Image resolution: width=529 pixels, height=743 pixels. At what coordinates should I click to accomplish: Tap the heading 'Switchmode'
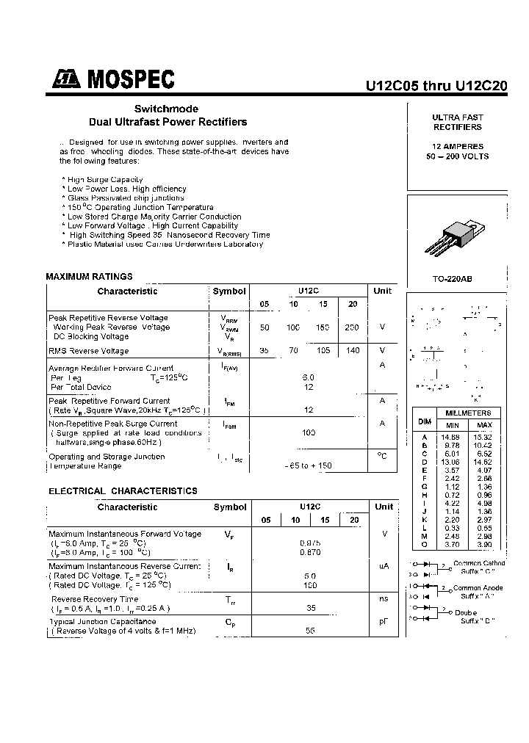(x=166, y=109)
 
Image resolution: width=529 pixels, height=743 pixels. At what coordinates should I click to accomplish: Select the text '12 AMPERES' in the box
(x=457, y=146)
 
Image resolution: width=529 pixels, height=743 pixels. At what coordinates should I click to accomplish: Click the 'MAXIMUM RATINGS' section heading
(x=89, y=277)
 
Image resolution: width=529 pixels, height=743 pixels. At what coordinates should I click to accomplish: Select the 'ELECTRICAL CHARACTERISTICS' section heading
(x=123, y=490)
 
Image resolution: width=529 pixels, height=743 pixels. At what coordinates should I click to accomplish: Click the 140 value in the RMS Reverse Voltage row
(x=353, y=350)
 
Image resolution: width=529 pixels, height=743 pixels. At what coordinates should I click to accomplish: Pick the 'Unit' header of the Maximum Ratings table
(x=383, y=291)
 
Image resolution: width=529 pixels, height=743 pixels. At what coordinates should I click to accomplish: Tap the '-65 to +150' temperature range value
(x=308, y=465)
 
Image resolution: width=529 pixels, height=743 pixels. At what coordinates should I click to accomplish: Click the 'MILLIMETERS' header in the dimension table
(x=468, y=413)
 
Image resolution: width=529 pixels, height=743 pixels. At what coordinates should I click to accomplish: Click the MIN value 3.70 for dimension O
(x=450, y=546)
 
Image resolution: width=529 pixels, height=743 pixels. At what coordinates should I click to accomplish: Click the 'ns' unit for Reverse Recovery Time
(x=384, y=599)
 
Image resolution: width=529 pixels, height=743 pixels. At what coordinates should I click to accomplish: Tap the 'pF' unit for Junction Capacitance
(x=383, y=621)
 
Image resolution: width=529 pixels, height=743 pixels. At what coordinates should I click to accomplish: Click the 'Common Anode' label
(x=478, y=587)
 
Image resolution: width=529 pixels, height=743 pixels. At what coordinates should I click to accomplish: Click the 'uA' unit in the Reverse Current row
(x=383, y=566)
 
